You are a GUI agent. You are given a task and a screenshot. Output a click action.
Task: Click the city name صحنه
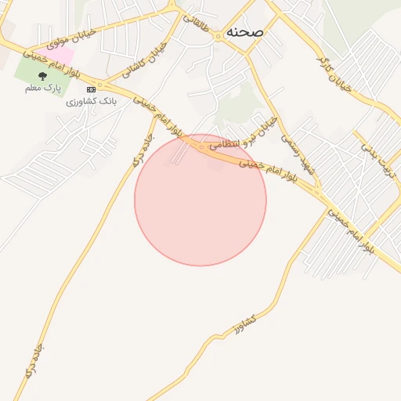pyautogui.click(x=244, y=32)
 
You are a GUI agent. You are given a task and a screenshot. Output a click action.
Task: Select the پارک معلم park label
pyautogui.click(x=42, y=89)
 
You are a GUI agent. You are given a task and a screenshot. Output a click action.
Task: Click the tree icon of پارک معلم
pyautogui.click(x=42, y=77)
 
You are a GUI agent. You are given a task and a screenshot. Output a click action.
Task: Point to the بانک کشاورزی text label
pyautogui.click(x=91, y=102)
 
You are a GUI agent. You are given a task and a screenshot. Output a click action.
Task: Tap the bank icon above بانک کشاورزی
pyautogui.click(x=91, y=90)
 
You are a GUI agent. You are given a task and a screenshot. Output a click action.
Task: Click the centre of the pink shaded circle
pyautogui.click(x=200, y=200)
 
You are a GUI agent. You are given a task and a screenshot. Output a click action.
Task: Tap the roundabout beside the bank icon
pyautogui.click(x=100, y=85)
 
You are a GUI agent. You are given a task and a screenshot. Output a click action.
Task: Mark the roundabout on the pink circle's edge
pyautogui.click(x=201, y=146)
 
